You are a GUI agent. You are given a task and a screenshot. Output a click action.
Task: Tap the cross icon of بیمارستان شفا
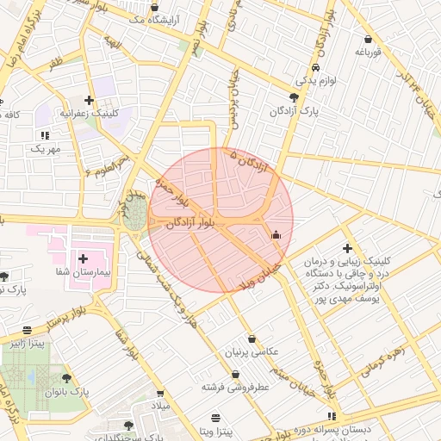click(84, 258)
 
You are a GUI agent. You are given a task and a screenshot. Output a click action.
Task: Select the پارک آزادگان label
click(295, 111)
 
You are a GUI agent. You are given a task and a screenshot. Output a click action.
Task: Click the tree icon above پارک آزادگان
click(295, 97)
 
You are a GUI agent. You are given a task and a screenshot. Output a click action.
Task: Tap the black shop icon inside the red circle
click(276, 234)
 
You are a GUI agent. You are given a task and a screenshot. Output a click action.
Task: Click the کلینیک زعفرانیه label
click(88, 113)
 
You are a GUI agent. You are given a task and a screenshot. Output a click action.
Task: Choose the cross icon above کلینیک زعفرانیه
click(89, 100)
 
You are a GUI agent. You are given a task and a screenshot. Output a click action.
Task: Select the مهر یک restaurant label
click(45, 148)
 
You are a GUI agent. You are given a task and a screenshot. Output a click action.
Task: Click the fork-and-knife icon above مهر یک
click(44, 135)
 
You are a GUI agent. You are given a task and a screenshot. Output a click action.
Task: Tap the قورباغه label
click(368, 52)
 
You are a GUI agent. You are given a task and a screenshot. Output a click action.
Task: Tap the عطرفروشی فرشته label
click(237, 387)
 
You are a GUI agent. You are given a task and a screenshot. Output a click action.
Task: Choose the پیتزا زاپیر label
click(28, 343)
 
